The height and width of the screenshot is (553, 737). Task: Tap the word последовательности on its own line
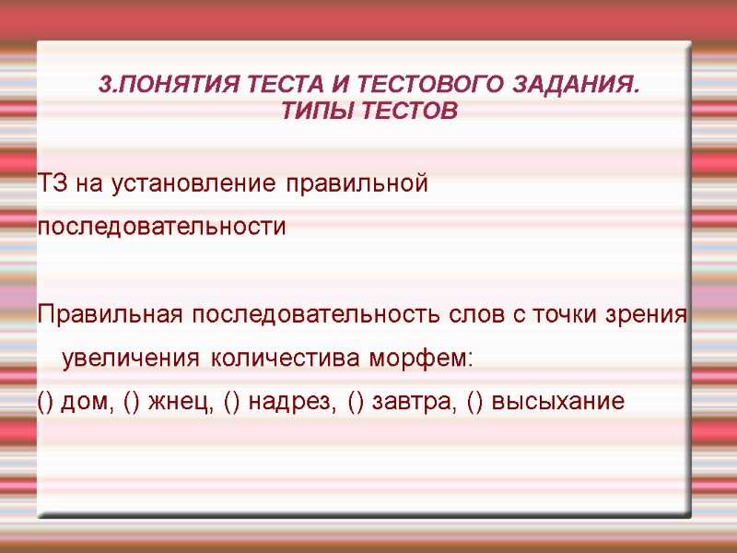point(162,227)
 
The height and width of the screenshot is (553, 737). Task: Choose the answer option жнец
point(163,402)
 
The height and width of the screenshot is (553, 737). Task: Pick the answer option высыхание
point(558,402)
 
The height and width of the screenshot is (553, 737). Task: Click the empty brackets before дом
point(45,402)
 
